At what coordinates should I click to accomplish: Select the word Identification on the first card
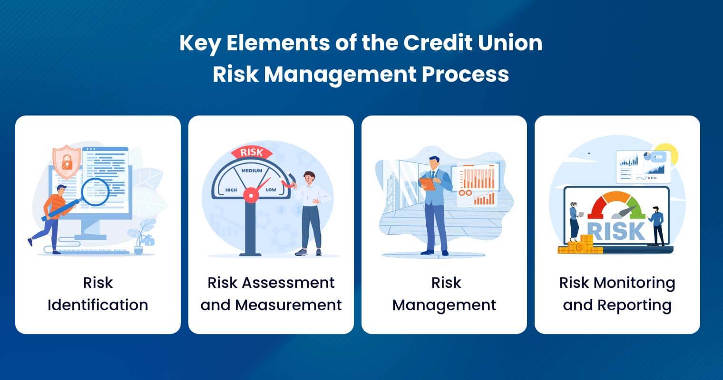(x=98, y=304)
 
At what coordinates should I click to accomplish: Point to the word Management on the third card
(x=444, y=304)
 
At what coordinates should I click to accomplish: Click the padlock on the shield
(x=67, y=161)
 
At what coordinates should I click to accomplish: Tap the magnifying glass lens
(x=96, y=191)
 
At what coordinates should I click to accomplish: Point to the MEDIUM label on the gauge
(x=252, y=170)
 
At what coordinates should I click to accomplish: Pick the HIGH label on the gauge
(x=231, y=190)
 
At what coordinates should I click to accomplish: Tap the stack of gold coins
(x=577, y=246)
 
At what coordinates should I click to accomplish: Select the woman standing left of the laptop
(x=574, y=221)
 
